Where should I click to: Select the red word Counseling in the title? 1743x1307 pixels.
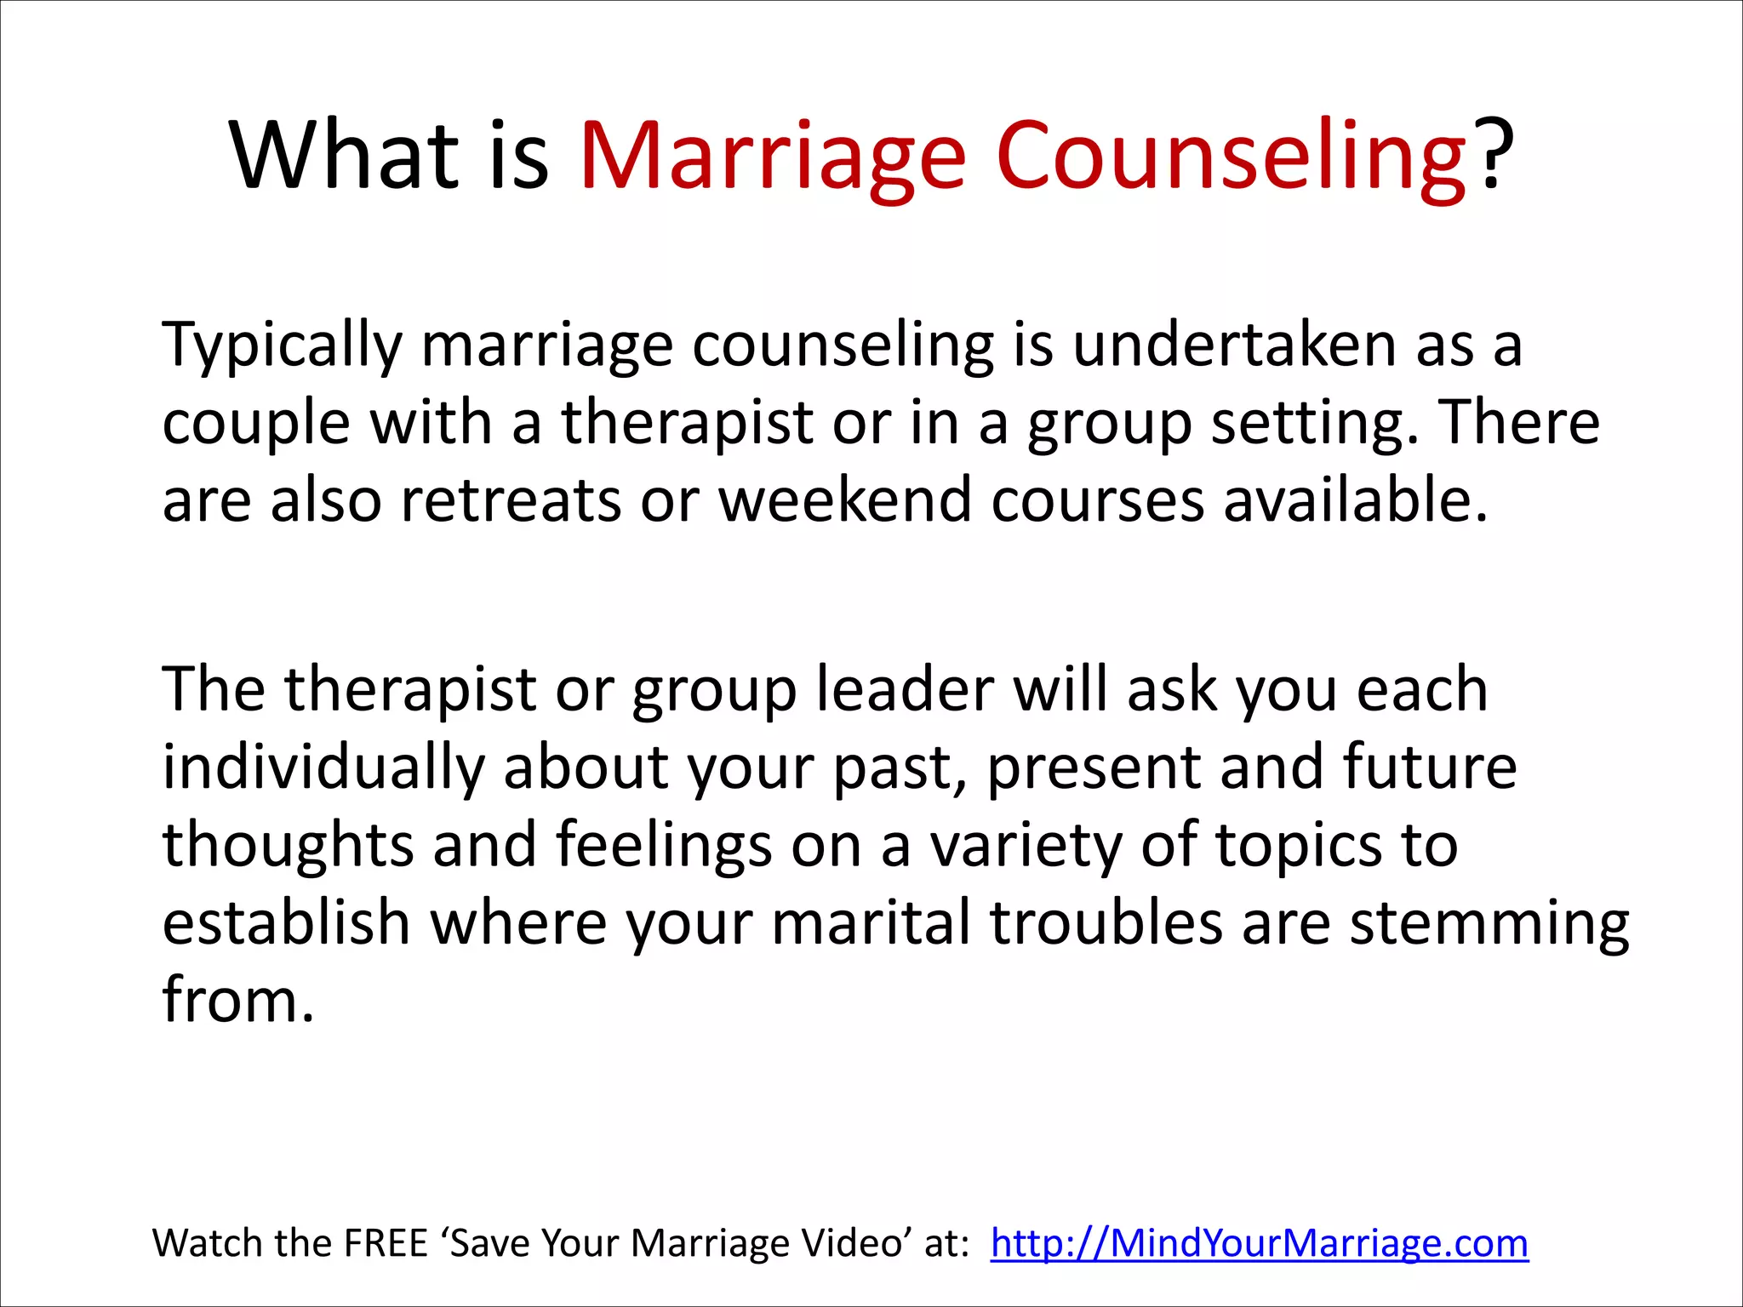1231,157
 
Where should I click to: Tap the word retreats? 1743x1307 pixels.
511,500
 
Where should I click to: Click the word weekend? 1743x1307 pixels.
845,500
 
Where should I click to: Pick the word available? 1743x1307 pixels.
1355,500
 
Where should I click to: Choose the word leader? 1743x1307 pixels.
905,689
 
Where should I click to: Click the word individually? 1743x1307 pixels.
323,768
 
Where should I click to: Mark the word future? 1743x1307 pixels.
1430,767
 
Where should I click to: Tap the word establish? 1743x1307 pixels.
287,922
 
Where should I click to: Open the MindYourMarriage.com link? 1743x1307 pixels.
1260,1243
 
